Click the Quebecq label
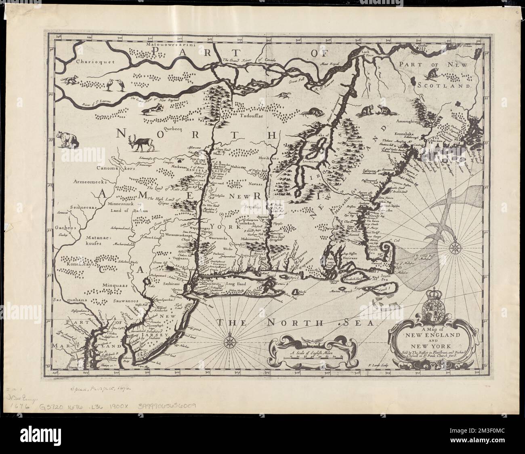(173, 129)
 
